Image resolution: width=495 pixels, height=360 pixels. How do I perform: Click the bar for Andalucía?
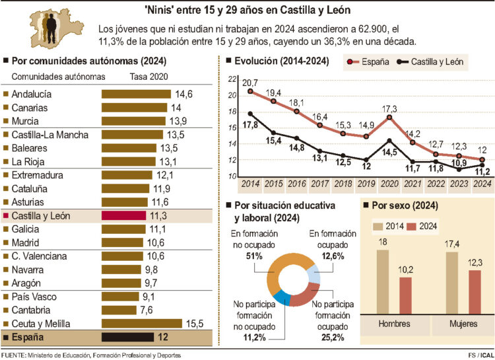pos(135,94)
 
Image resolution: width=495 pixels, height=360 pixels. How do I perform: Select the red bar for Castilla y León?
pos(123,215)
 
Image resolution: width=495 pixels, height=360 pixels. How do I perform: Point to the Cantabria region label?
pos(34,310)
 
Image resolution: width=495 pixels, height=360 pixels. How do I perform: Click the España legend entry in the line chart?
pos(370,63)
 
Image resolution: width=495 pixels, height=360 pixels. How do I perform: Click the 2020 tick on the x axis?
pos(389,184)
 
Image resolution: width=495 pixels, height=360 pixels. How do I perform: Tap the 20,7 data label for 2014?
pos(250,82)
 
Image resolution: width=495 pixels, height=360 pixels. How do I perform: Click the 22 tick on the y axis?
pos(232,79)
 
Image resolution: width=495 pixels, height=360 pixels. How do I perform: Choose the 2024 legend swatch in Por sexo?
pos(412,227)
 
